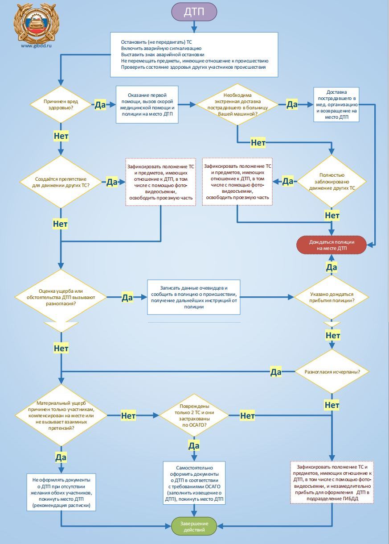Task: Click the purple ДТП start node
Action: pyautogui.click(x=194, y=12)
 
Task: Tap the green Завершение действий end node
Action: pyautogui.click(x=194, y=526)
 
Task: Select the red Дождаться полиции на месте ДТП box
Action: pyautogui.click(x=332, y=245)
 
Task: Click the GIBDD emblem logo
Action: pyautogui.click(x=37, y=23)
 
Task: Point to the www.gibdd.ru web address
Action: pyautogui.click(x=37, y=46)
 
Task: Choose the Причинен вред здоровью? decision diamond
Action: pyautogui.click(x=61, y=104)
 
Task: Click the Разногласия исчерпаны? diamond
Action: pyautogui.click(x=332, y=372)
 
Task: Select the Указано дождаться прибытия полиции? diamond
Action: pyautogui.click(x=332, y=297)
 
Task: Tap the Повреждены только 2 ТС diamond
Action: pyautogui.click(x=194, y=415)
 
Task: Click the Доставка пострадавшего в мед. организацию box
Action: pyautogui.click(x=336, y=104)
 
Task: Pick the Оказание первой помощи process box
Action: pyautogui.click(x=147, y=104)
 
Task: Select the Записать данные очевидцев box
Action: pyautogui.click(x=194, y=297)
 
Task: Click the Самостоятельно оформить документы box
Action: pyautogui.click(x=194, y=483)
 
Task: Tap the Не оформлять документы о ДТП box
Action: pyautogui.click(x=61, y=492)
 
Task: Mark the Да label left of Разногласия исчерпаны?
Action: pyautogui.click(x=276, y=372)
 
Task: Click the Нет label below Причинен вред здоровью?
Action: pyautogui.click(x=61, y=136)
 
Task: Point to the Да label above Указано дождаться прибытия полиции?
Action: pyautogui.click(x=332, y=267)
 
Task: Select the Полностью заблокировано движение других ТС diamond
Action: pyautogui.click(x=332, y=182)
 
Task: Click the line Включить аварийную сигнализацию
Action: pyautogui.click(x=161, y=48)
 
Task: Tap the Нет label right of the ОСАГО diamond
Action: pyautogui.click(x=247, y=415)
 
